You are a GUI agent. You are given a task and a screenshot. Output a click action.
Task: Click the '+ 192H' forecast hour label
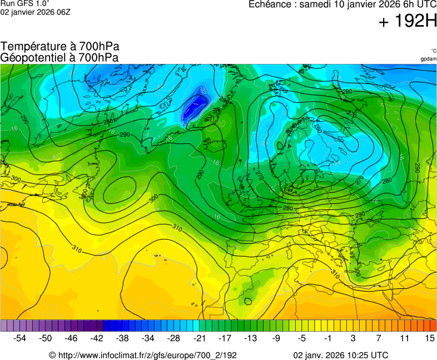click(x=408, y=22)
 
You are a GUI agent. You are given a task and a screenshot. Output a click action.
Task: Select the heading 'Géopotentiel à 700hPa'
click(x=59, y=57)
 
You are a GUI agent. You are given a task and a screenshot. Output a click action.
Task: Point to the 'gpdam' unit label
click(x=428, y=59)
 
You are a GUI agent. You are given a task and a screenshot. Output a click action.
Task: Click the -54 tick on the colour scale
click(x=20, y=338)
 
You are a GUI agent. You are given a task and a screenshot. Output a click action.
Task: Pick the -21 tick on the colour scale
click(x=199, y=338)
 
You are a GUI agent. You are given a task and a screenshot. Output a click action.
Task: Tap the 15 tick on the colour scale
click(x=429, y=338)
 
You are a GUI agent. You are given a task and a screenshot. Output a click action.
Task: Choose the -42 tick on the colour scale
click(x=97, y=338)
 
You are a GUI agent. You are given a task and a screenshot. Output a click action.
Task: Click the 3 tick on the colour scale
click(x=352, y=338)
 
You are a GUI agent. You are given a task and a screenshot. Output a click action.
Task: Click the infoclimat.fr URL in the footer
click(x=143, y=355)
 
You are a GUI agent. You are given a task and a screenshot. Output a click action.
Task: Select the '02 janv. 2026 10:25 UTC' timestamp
click(x=341, y=355)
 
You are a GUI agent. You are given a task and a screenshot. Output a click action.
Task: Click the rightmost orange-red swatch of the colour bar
click(x=433, y=326)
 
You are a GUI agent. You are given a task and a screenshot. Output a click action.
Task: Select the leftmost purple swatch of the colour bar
click(x=4, y=326)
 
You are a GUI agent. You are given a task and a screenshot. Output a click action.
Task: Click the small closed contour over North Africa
click(x=246, y=301)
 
